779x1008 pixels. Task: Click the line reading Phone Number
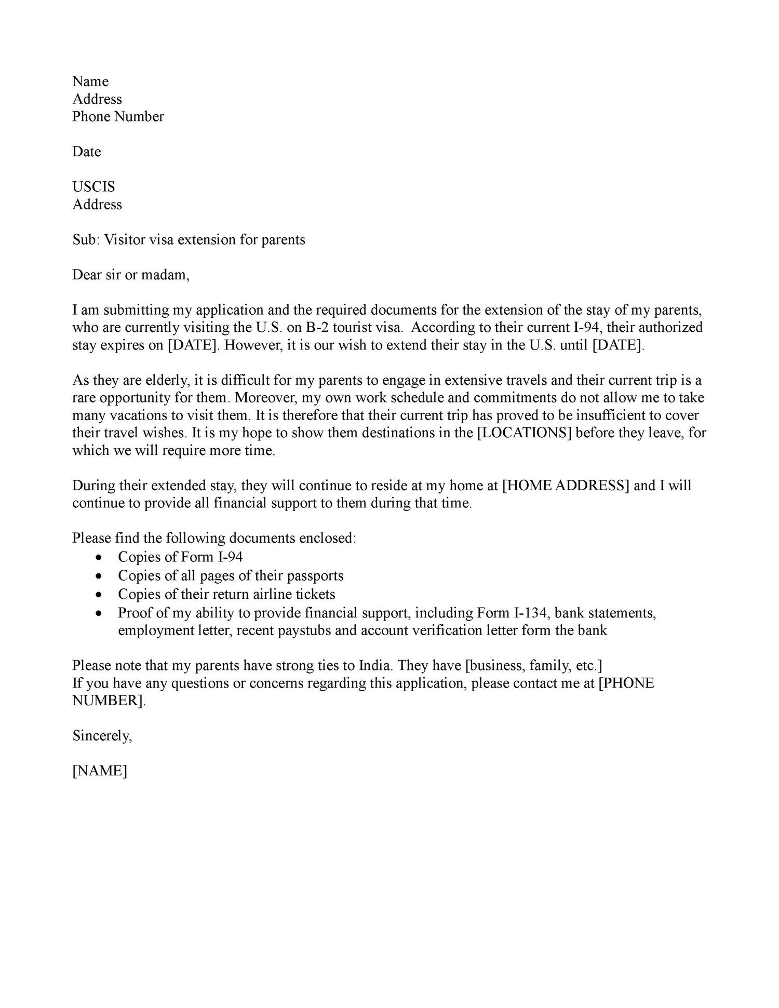coord(118,117)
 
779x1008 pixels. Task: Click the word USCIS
coord(93,187)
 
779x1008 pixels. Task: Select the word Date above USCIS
coord(86,152)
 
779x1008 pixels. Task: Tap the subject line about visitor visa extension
coord(189,240)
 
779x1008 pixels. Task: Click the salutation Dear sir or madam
coord(131,275)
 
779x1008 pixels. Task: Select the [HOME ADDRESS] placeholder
coord(566,486)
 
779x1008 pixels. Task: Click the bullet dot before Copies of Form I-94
coord(99,557)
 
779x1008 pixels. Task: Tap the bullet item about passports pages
coord(231,576)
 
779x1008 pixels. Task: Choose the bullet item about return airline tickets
coord(226,595)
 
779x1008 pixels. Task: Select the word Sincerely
coord(102,736)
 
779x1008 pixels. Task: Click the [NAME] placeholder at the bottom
coord(100,771)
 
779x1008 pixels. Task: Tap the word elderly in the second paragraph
coord(167,381)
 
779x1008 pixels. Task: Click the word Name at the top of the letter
coord(90,82)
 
